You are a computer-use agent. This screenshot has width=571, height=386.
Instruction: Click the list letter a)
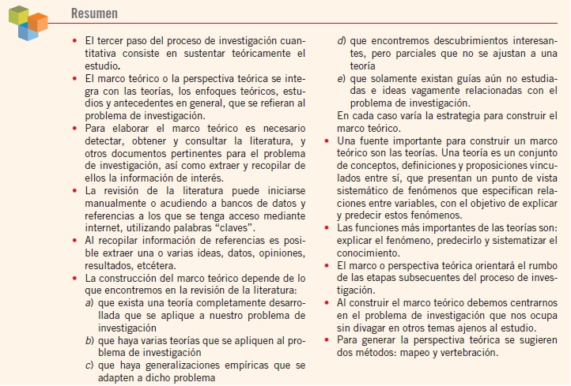tap(89, 304)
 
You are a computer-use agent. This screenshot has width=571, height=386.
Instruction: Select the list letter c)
tap(89, 365)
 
